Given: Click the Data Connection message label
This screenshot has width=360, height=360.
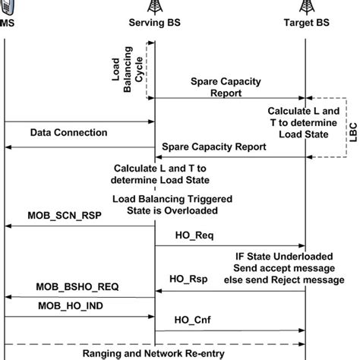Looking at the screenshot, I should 69,132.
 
